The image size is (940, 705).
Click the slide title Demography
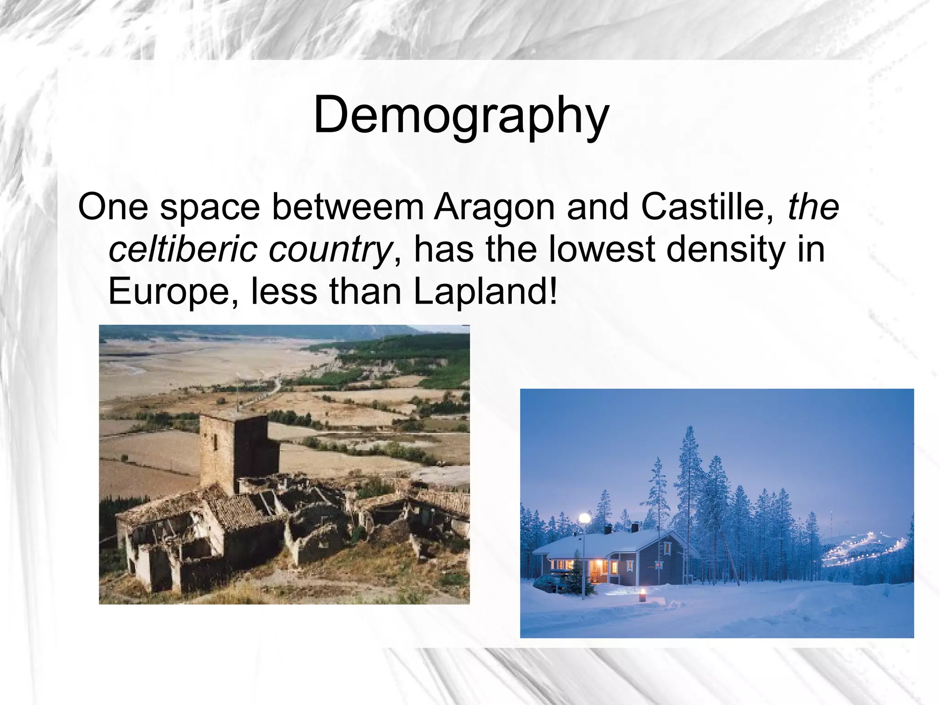pyautogui.click(x=461, y=115)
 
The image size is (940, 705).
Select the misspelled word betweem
pyautogui.click(x=348, y=208)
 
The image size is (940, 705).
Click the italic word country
pyautogui.click(x=330, y=250)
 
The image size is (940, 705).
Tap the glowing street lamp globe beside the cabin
pyautogui.click(x=584, y=519)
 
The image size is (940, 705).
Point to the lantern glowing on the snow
pyautogui.click(x=642, y=596)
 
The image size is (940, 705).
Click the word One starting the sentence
pyautogui.click(x=113, y=208)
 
